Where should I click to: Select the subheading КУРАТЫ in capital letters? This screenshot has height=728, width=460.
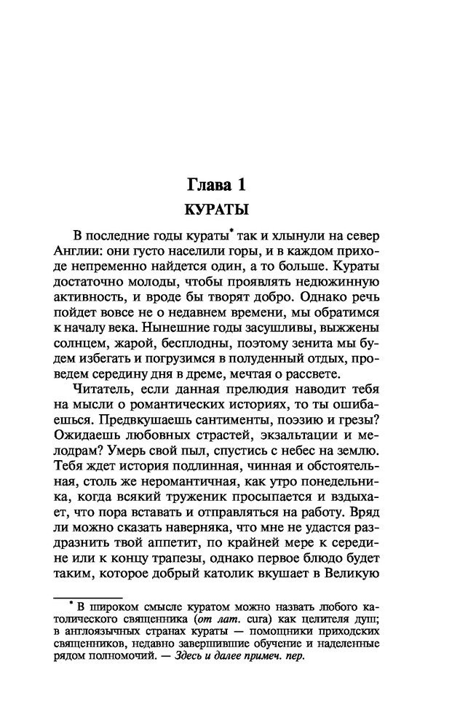[218, 210]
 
